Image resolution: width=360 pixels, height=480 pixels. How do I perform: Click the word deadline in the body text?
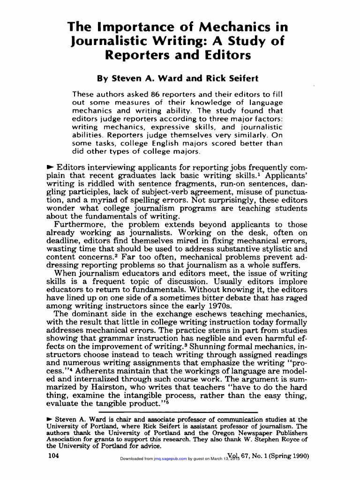tap(64, 241)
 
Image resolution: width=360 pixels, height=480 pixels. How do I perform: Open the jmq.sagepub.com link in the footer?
tap(170, 459)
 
